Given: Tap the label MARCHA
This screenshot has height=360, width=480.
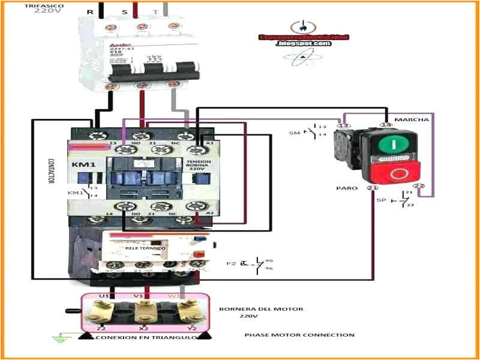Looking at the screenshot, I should tap(412, 119).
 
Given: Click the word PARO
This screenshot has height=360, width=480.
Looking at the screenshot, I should tap(347, 188).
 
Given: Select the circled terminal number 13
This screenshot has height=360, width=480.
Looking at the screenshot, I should tap(343, 125).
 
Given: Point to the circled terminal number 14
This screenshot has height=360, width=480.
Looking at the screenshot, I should tap(386, 125).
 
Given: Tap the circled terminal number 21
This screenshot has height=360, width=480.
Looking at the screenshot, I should tap(372, 188).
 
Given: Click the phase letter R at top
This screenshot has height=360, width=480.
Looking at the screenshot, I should tap(90, 12).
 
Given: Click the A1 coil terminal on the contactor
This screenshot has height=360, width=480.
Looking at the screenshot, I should tap(209, 143).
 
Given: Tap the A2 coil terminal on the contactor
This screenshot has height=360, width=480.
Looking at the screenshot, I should tap(209, 213).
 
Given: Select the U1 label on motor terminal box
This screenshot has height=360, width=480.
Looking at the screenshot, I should tap(103, 295).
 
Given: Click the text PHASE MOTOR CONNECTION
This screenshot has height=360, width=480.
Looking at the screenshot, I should tap(299, 335).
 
